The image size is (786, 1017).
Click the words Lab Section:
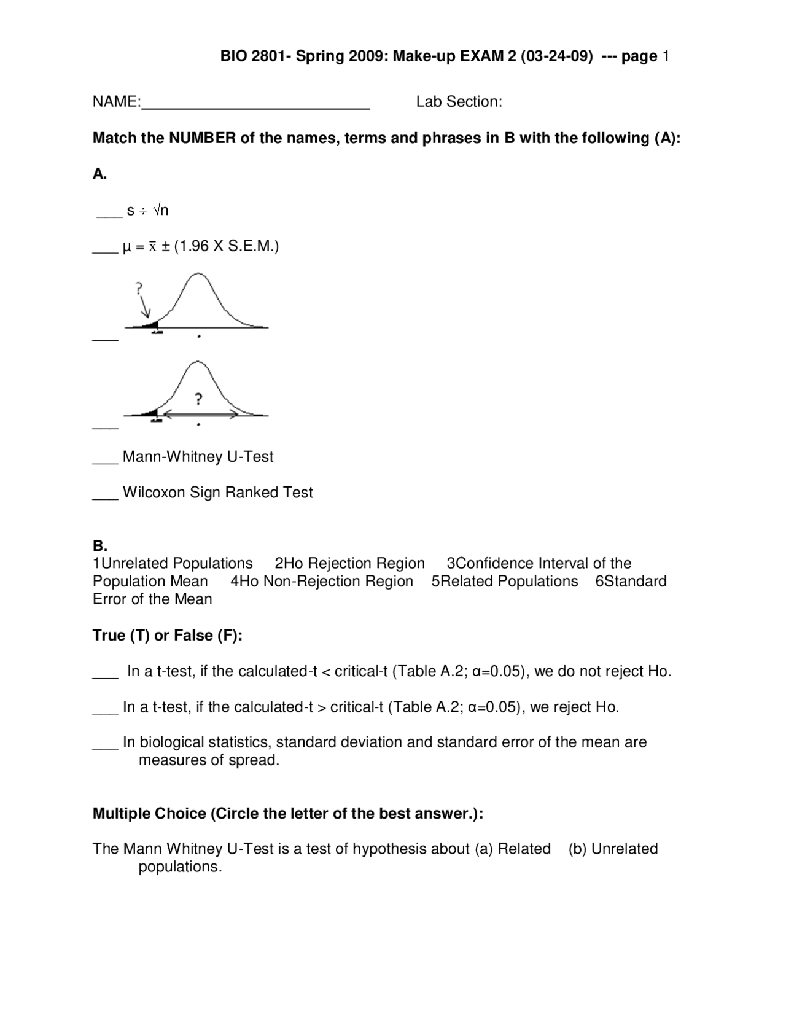459,102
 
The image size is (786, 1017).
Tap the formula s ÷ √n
147,211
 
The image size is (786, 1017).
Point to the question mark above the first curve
139,287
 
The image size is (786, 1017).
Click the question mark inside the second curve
198,399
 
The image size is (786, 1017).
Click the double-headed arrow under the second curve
200,415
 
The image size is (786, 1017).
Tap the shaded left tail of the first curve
150,325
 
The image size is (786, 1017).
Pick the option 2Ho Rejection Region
349,564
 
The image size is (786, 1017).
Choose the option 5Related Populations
504,582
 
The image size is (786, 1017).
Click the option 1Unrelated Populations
173,564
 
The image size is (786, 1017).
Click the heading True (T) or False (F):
168,636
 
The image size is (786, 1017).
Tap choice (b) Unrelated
613,849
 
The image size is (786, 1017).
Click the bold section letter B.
99,545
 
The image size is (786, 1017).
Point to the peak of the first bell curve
197,275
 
